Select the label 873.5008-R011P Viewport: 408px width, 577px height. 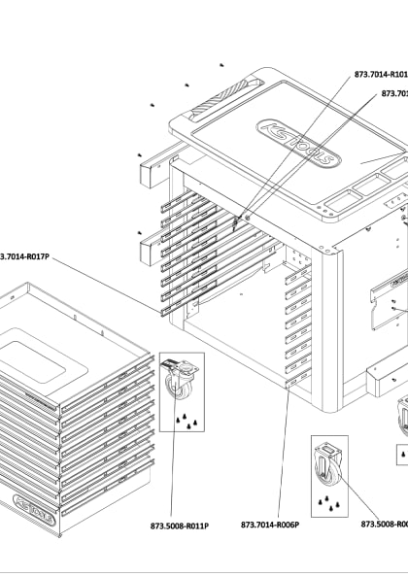coord(180,526)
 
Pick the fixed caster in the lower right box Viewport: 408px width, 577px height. coord(328,464)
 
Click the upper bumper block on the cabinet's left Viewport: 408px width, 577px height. coord(153,171)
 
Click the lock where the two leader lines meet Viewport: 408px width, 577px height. coord(236,224)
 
